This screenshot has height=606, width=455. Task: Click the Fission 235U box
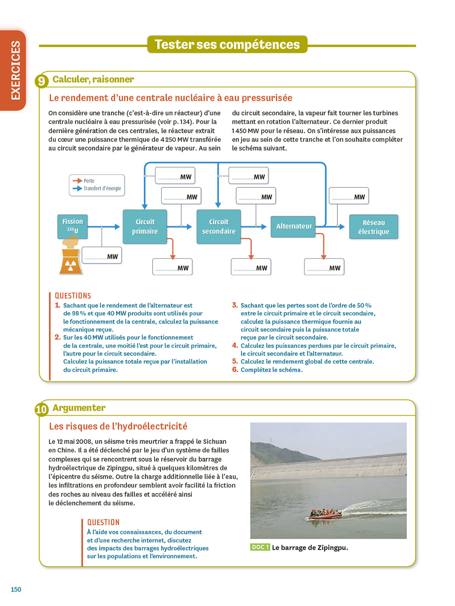(72, 226)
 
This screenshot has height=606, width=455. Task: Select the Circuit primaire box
(145, 227)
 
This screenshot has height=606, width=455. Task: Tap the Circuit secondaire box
(218, 227)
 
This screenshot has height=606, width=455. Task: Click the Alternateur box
(294, 226)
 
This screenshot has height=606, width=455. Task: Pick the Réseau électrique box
(373, 227)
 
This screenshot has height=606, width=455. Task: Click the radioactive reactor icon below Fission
(71, 262)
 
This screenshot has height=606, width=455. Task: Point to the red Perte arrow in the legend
(77, 181)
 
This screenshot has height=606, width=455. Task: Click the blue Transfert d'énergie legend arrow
(77, 188)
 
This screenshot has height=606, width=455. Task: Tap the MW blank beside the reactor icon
(102, 256)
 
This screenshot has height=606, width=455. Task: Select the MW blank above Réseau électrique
(349, 197)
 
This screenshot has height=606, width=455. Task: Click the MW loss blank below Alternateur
(324, 267)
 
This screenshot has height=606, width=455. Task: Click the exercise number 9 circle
(42, 81)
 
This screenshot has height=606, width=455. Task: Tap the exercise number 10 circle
(42, 409)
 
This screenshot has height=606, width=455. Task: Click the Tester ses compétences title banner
(227, 44)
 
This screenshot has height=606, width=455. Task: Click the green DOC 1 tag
(260, 547)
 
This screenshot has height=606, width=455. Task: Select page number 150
(16, 589)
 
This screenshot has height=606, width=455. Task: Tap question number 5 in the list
(235, 361)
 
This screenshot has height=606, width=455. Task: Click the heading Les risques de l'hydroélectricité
(118, 426)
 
